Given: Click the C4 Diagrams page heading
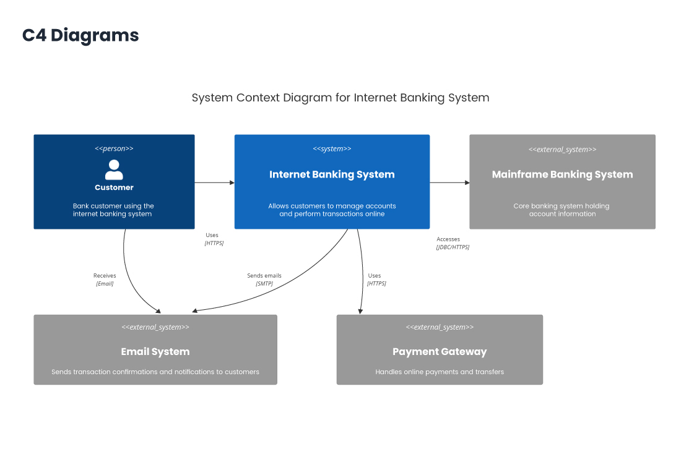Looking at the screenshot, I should (80, 35).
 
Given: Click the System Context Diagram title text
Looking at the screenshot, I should (340, 98).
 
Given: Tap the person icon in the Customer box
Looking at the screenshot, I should (114, 169).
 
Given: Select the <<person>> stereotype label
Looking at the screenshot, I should (114, 148).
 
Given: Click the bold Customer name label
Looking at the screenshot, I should (114, 187).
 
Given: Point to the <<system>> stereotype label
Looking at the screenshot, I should (332, 148).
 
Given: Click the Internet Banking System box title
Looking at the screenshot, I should (332, 174).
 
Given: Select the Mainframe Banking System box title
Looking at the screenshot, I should (562, 174).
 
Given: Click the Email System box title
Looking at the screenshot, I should (155, 351).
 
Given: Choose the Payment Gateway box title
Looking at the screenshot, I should (440, 351).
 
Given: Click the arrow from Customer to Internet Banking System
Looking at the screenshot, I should (214, 182).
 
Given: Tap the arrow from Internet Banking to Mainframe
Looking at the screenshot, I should (449, 182).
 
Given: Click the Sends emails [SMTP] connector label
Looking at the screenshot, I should (264, 280).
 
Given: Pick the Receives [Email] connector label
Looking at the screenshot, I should (105, 280).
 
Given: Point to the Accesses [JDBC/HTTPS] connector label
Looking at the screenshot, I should (452, 243).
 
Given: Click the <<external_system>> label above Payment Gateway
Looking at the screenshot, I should (440, 327).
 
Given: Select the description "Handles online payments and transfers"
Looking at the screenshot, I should (440, 372).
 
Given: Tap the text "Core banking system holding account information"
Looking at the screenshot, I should (562, 210).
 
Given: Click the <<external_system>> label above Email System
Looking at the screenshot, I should (155, 327).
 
